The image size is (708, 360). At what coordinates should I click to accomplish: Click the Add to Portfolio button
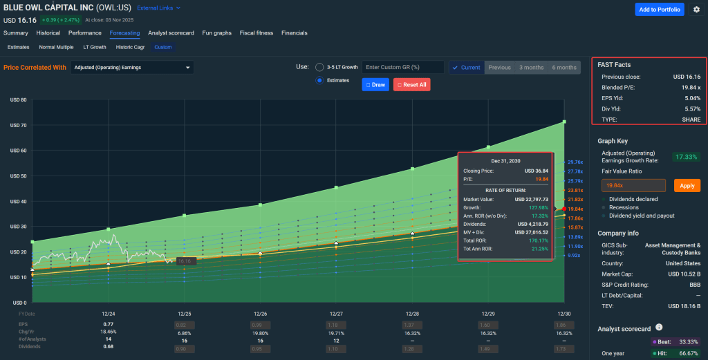[x=660, y=9]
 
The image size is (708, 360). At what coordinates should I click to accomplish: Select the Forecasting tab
[x=124, y=32]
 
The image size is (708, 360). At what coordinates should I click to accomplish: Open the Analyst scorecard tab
[x=171, y=32]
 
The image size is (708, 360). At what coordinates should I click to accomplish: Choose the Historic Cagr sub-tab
[x=130, y=47]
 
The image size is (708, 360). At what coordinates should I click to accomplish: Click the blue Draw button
[x=375, y=84]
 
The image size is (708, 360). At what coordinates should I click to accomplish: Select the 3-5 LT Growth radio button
[x=319, y=67]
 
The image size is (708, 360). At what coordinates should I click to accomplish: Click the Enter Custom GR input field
[x=403, y=67]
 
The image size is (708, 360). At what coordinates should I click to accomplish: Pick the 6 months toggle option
[x=563, y=67]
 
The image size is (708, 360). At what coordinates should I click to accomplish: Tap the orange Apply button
[x=687, y=185]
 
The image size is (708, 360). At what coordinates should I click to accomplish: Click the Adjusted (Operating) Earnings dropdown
[x=132, y=68]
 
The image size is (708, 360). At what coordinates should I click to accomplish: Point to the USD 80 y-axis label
[x=18, y=100]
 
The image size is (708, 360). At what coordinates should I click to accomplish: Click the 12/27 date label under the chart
[x=336, y=314]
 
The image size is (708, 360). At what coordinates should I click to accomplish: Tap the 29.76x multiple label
[x=575, y=161]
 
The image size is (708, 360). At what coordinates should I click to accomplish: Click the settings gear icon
[x=696, y=9]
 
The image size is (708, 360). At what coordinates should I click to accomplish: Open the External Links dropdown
[x=158, y=8]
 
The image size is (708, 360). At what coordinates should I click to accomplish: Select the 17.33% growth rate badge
[x=687, y=157]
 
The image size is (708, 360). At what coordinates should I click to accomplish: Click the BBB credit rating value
[x=694, y=285]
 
